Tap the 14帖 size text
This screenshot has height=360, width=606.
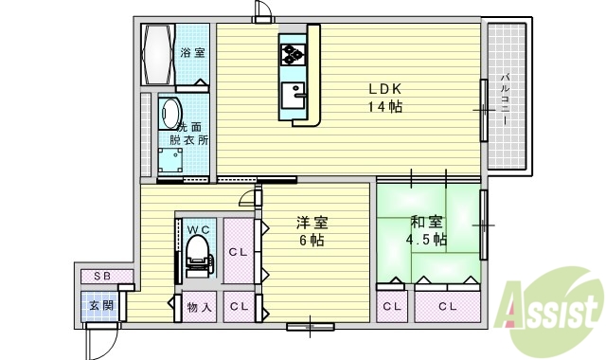coord(385,107)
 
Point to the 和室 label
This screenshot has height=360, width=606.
coord(426,224)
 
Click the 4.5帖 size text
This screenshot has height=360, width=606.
coord(426,241)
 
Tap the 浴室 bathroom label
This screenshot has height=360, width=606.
coord(192,52)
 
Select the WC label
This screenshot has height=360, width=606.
coord(198,228)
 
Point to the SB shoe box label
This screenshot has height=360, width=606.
coord(100,276)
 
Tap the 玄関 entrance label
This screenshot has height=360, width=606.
coord(100,306)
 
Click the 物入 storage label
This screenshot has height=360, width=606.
coord(198,307)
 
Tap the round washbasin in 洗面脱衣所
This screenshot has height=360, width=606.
coord(169,113)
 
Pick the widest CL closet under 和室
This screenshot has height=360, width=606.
coord(447,306)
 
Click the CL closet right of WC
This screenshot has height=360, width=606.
coord(239,252)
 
